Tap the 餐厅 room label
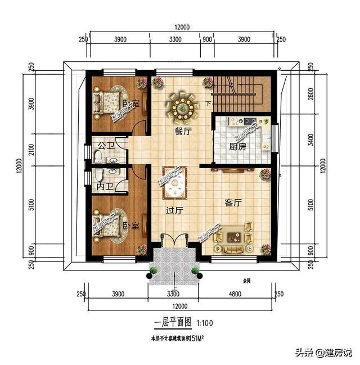[x=183, y=130]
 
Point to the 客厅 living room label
[x=233, y=202]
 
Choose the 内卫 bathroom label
[x=103, y=186]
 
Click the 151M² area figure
[x=194, y=338]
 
